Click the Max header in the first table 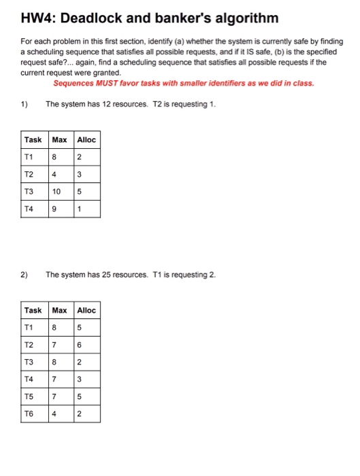[x=60, y=139]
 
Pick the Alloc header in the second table [x=86, y=310]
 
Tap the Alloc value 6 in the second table [x=80, y=345]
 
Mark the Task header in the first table [x=33, y=139]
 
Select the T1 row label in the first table [x=29, y=157]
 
